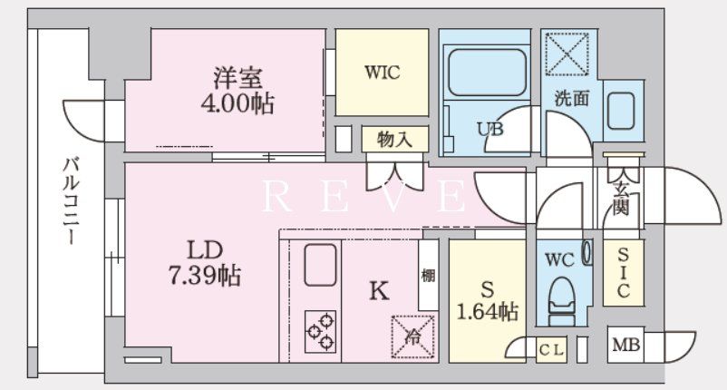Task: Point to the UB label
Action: point(490,130)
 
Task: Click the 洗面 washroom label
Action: point(573,100)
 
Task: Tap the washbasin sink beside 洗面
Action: point(623,111)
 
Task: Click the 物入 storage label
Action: point(395,140)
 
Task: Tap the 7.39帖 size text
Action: point(208,276)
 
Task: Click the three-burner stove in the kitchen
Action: point(320,331)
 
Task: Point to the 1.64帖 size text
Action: point(487,313)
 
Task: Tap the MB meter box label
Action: point(625,346)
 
